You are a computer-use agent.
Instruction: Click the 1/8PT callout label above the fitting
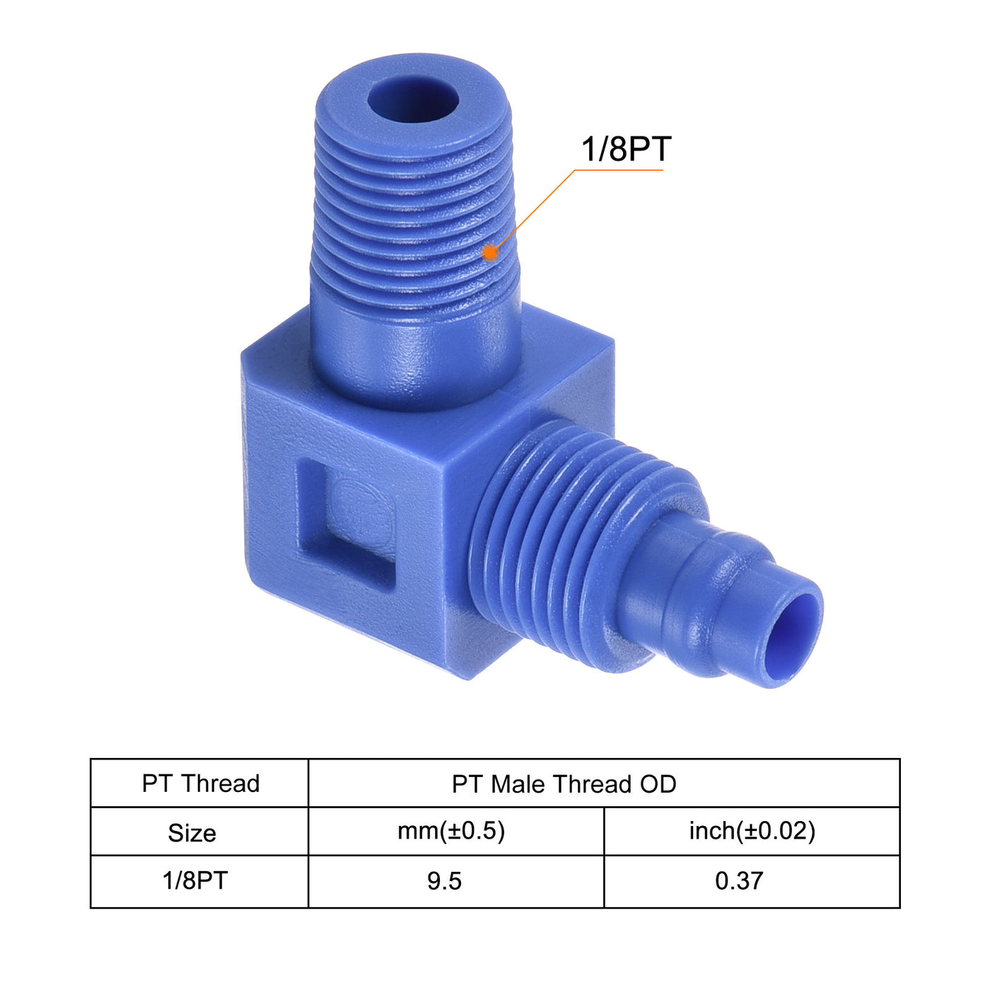point(625,149)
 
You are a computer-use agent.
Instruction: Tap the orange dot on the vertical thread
point(489,252)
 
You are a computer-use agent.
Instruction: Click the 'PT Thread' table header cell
point(201,784)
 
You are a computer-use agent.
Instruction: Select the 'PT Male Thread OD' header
point(564,784)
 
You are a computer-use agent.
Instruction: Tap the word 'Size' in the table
point(192,833)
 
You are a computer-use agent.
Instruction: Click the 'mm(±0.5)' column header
point(451,831)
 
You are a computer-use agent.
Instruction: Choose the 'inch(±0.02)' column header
point(752,831)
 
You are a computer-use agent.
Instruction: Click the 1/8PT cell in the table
point(195,881)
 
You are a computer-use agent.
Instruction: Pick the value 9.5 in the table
point(444,881)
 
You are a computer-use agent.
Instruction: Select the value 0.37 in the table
point(739,881)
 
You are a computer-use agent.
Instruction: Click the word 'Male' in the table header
point(520,784)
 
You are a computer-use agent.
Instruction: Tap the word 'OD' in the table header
point(658,784)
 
